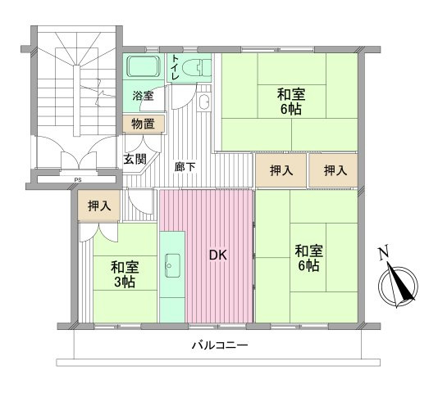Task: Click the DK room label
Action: tap(217, 255)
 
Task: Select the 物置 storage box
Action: tap(143, 124)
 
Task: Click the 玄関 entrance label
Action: tap(135, 160)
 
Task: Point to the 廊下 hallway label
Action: tap(185, 166)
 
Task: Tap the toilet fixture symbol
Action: tap(194, 68)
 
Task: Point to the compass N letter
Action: tap(384, 254)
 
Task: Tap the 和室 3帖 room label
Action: tap(125, 274)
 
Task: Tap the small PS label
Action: tap(77, 179)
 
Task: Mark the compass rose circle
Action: tap(398, 286)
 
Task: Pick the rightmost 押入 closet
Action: tap(334, 170)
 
